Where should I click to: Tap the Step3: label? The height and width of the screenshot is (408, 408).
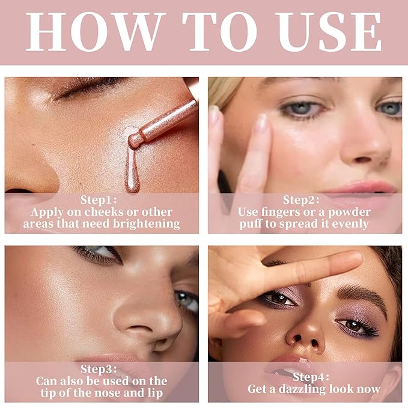click(102, 369)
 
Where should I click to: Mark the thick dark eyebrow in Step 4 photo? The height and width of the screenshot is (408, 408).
click(361, 293)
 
